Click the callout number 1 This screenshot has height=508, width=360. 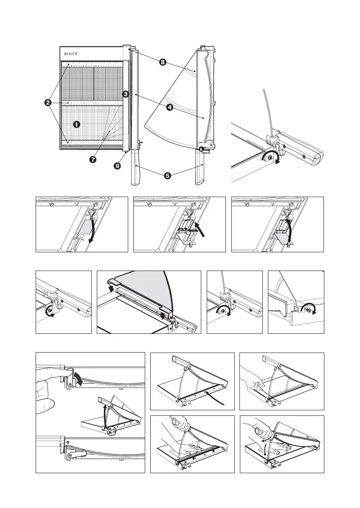click(x=76, y=124)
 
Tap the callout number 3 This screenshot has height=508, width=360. click(x=126, y=94)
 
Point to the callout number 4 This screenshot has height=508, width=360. click(x=169, y=107)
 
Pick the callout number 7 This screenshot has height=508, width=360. click(x=93, y=160)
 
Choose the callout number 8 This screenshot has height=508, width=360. click(x=162, y=63)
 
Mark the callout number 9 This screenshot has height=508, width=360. click(x=117, y=167)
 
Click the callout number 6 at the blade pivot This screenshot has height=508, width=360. click(x=201, y=149)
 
